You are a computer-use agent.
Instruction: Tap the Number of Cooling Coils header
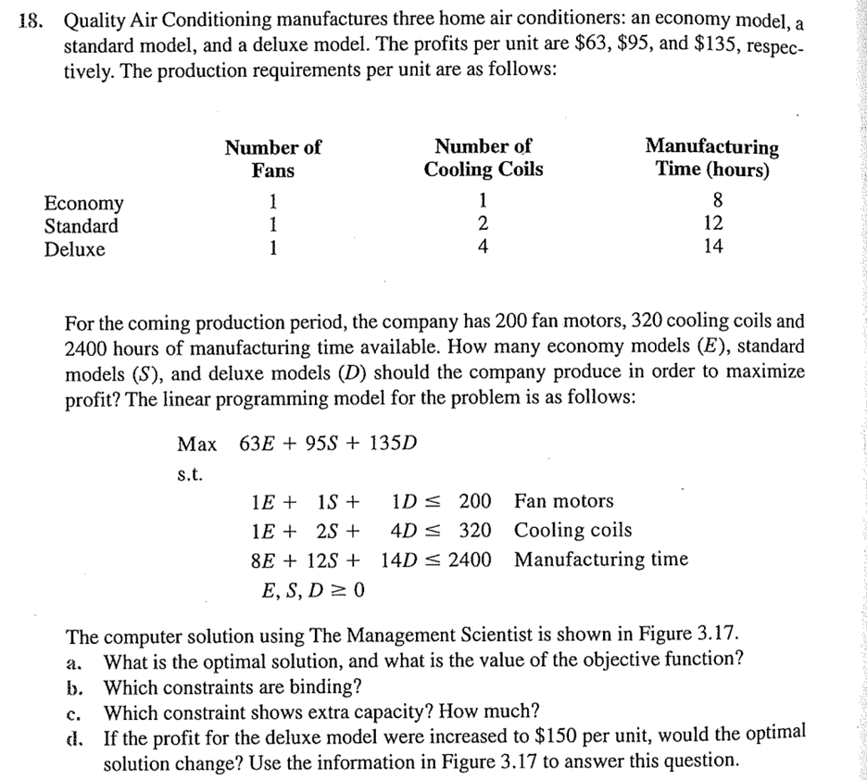point(483,158)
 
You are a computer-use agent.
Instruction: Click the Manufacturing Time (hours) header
point(711,158)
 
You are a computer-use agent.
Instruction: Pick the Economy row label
point(83,203)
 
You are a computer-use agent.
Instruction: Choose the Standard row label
point(82,226)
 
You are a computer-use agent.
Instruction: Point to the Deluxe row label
point(75,249)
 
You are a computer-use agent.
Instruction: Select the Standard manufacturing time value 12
point(712,224)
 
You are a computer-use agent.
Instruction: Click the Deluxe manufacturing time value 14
point(712,247)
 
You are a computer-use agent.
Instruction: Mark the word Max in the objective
point(196,443)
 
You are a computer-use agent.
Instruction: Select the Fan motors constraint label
point(563,501)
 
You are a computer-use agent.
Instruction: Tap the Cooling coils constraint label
point(572,530)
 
